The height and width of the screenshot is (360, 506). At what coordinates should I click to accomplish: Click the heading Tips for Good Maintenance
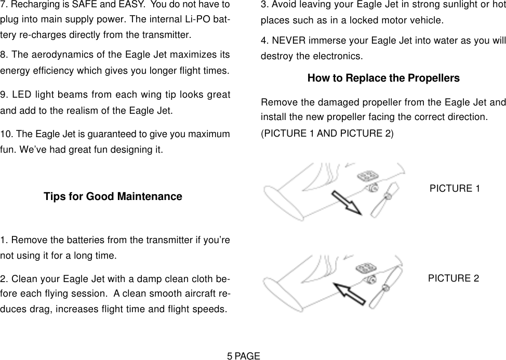click(x=113, y=197)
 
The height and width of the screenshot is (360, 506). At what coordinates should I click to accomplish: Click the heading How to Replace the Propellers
click(x=383, y=78)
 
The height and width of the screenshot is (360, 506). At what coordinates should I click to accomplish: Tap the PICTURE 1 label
click(x=455, y=188)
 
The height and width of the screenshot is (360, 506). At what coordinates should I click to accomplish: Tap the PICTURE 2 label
click(x=454, y=278)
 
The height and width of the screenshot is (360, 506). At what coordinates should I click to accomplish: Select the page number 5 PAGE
click(x=243, y=355)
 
